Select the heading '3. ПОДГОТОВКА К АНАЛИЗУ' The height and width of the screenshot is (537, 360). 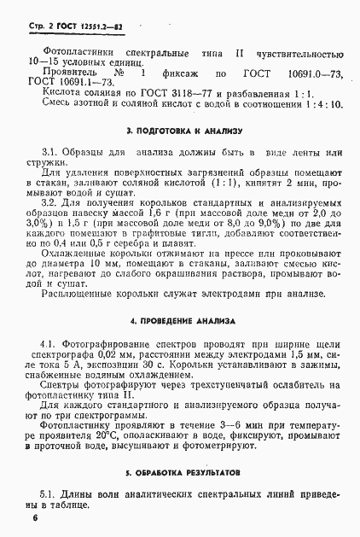coord(184,132)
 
